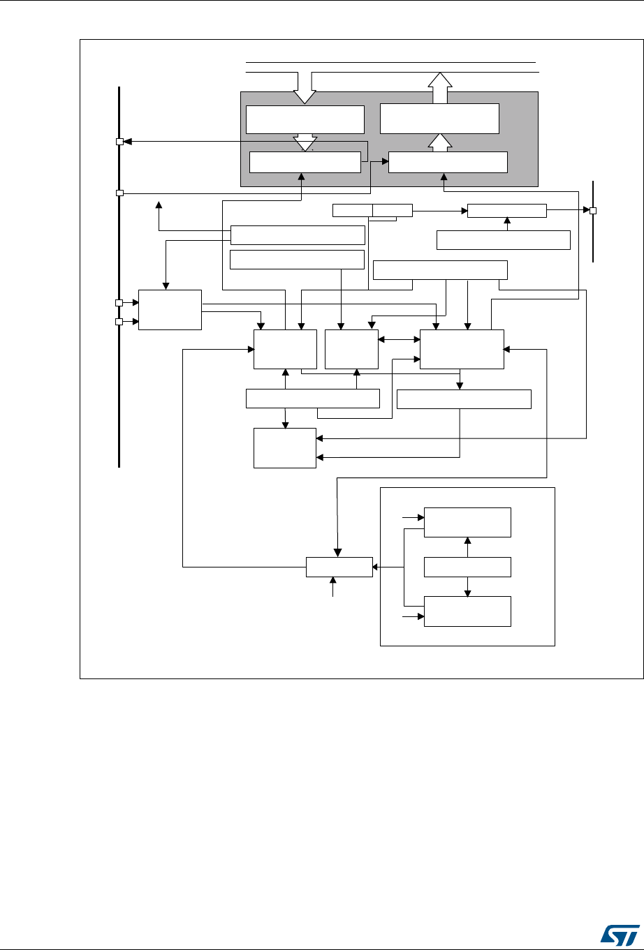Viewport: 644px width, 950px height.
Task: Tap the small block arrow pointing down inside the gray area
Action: click(305, 142)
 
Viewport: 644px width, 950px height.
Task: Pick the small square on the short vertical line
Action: click(593, 211)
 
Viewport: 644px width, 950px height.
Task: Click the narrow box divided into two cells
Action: click(372, 209)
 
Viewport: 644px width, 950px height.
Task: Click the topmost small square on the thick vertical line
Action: click(119, 142)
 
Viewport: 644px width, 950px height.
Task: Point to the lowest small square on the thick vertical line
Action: click(119, 322)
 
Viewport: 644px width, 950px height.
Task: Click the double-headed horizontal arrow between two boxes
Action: click(399, 340)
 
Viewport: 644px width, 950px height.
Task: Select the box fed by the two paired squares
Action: click(170, 309)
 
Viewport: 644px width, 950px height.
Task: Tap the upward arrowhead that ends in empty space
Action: click(159, 205)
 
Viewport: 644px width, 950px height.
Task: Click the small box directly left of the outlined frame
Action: click(339, 567)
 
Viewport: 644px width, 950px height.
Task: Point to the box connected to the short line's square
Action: click(507, 210)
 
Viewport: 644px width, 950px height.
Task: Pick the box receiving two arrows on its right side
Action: click(285, 447)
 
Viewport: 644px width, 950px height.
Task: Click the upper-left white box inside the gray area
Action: click(305, 119)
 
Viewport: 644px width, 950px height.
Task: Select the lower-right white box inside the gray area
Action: click(448, 162)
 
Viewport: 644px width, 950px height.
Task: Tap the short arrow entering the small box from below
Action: click(333, 586)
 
